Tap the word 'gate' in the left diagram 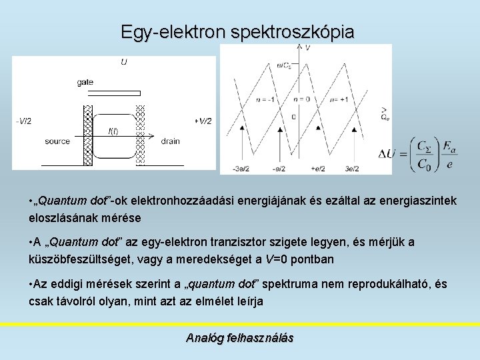[85, 81]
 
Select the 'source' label [57, 141]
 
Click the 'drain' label [170, 141]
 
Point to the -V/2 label [23, 121]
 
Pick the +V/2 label [203, 121]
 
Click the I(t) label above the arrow [113, 131]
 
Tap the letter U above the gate [124, 63]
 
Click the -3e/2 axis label [241, 169]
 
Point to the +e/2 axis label [318, 169]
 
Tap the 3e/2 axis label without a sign [352, 169]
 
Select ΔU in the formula [387, 155]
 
